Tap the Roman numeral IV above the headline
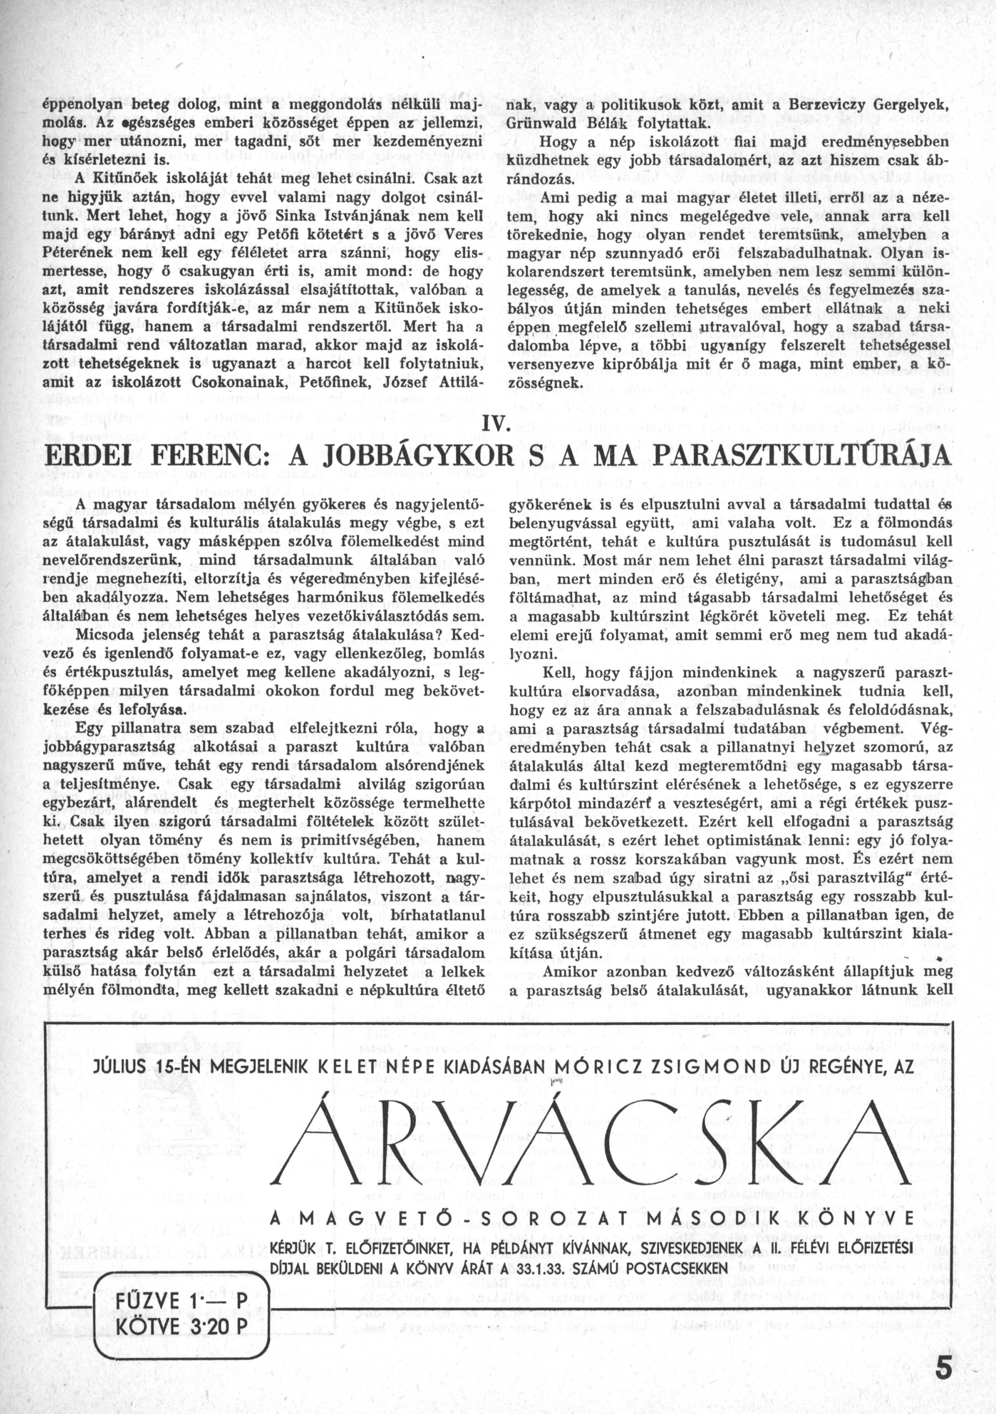coord(498,425)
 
